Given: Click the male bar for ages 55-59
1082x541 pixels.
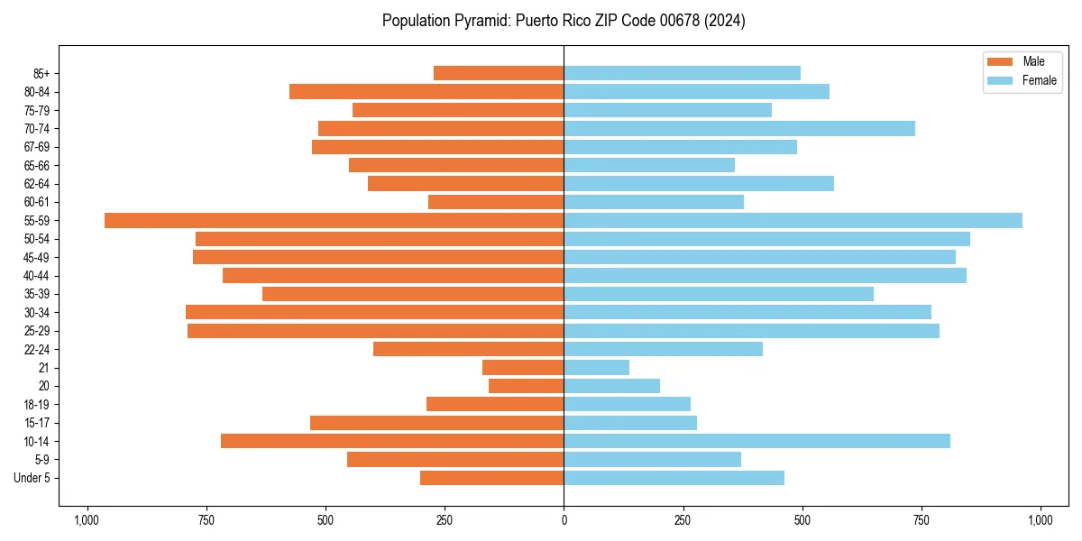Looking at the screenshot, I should point(334,221).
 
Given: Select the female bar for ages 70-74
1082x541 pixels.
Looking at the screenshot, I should point(739,129).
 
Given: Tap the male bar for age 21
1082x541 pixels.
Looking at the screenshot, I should point(523,368).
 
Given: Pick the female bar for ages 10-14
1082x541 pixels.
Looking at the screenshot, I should point(756,441).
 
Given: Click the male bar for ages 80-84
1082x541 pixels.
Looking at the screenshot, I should point(426,92).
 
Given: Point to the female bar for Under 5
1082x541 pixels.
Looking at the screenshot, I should point(674,478).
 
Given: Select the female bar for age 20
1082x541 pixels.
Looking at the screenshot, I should point(611,386).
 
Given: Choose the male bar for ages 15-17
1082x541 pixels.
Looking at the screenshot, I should point(436,423).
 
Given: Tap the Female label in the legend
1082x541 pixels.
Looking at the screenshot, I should point(1039,80).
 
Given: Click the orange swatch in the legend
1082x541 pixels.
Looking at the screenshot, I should point(1000,61).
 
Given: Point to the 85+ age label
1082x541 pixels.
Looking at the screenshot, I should point(41,74).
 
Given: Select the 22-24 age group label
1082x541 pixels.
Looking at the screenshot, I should point(37,350).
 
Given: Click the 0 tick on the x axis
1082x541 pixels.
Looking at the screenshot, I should point(564,520).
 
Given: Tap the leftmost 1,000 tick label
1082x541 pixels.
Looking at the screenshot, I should point(87,520).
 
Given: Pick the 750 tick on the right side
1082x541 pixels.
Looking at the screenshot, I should point(921,520).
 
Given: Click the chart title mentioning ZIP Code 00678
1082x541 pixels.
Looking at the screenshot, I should point(564,21).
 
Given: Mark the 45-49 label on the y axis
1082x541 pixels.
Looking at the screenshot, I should point(37,258).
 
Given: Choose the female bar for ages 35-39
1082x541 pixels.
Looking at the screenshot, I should point(719,294).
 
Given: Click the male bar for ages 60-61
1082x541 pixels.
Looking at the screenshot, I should point(496,202).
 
